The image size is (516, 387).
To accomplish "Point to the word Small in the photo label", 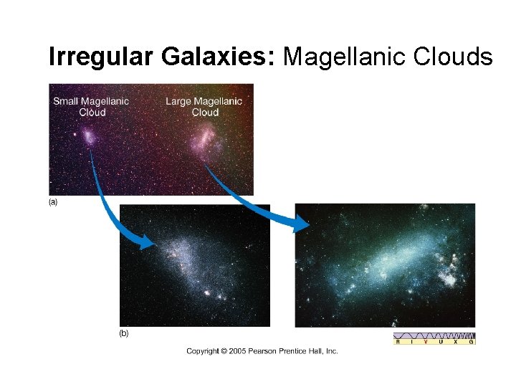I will [66, 101].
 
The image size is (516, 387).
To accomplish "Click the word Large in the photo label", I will [178, 101].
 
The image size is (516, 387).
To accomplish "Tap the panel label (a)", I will [52, 202].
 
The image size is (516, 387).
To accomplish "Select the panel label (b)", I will [124, 334].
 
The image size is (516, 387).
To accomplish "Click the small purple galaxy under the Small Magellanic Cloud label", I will [87, 135].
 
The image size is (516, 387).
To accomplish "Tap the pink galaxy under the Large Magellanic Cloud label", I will [204, 137].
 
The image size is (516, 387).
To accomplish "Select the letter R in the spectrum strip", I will [398, 342].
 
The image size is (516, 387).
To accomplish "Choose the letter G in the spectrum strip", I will [471, 342].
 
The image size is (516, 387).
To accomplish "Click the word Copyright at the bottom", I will [202, 351].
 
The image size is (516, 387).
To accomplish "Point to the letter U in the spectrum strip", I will [441, 342].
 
